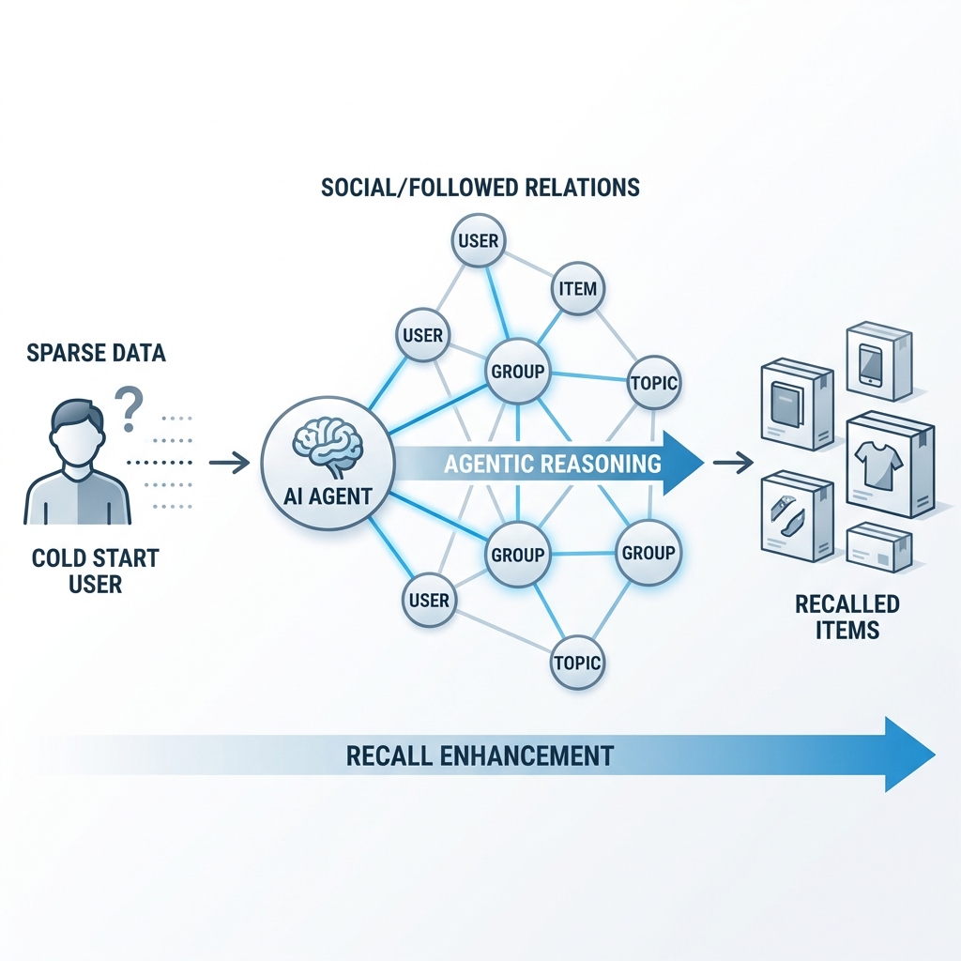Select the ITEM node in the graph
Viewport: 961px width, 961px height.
click(577, 288)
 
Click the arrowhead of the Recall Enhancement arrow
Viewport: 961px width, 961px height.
click(908, 755)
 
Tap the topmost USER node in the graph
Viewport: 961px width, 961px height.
click(478, 240)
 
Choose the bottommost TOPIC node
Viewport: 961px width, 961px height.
click(576, 662)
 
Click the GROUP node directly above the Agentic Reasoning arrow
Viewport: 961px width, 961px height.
click(517, 371)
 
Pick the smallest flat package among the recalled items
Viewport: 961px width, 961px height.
click(878, 547)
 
